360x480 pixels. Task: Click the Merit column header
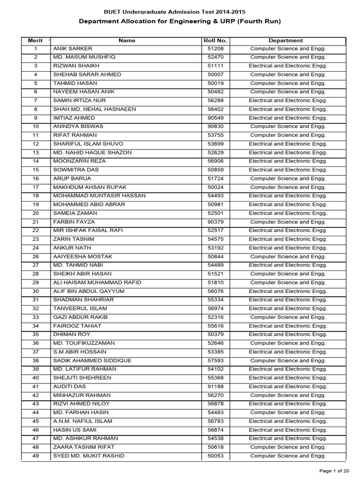tap(35, 40)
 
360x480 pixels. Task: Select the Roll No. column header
tap(215, 40)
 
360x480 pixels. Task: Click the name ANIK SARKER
tap(73, 49)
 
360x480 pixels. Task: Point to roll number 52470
tap(215, 57)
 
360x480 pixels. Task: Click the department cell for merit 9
tap(288, 118)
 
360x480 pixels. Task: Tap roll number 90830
tap(215, 127)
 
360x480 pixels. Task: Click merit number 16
tap(36, 179)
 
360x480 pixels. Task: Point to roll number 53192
tap(215, 248)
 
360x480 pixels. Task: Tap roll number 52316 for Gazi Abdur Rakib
tap(215, 317)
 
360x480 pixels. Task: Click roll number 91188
tap(215, 387)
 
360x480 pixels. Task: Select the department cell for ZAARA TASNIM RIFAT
tap(288, 447)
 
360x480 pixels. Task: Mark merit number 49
tap(36, 456)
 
